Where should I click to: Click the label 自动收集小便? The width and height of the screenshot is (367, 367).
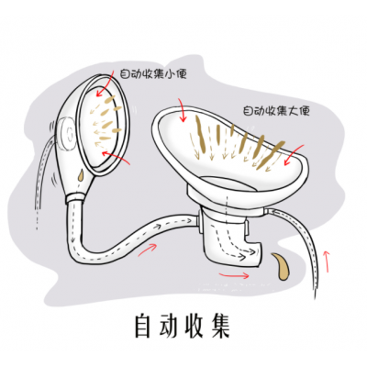tap(153, 74)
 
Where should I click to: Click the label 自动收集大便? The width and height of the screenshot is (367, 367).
tap(276, 111)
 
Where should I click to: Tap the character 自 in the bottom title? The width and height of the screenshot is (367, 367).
tap(143, 325)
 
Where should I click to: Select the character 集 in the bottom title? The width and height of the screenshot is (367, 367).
tap(220, 325)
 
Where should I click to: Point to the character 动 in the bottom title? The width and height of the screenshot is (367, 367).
tap(168, 325)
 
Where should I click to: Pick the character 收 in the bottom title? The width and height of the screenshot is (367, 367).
tap(194, 325)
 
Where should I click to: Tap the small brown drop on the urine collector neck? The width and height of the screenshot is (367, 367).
tap(81, 175)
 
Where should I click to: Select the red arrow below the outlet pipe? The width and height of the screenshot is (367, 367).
tap(234, 275)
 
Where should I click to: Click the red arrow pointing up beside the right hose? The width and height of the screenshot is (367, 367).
tap(328, 261)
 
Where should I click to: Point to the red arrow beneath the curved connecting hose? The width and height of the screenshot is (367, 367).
tap(148, 249)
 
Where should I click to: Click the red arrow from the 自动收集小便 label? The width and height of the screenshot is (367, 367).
tap(106, 83)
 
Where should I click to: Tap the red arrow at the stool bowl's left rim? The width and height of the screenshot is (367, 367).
tap(182, 110)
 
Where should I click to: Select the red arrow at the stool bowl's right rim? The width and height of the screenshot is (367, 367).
tap(294, 155)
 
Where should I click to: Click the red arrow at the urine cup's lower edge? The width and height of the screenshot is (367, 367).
tap(116, 158)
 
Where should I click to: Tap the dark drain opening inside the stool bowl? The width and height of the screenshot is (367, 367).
tap(226, 184)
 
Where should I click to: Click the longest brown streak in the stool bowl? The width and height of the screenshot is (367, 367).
tap(199, 137)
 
